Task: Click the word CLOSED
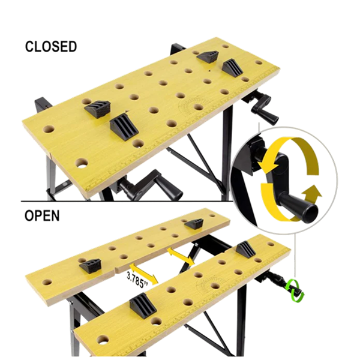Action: coord(51,46)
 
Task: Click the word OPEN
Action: coord(42,215)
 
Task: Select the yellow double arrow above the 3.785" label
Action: coord(181,256)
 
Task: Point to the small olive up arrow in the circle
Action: coord(311,192)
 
